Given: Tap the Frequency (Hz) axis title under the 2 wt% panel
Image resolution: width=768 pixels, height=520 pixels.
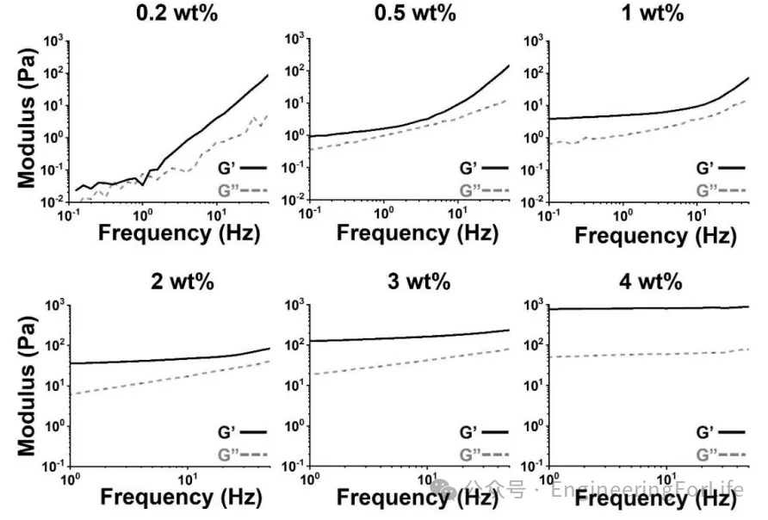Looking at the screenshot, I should pyautogui.click(x=179, y=497).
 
